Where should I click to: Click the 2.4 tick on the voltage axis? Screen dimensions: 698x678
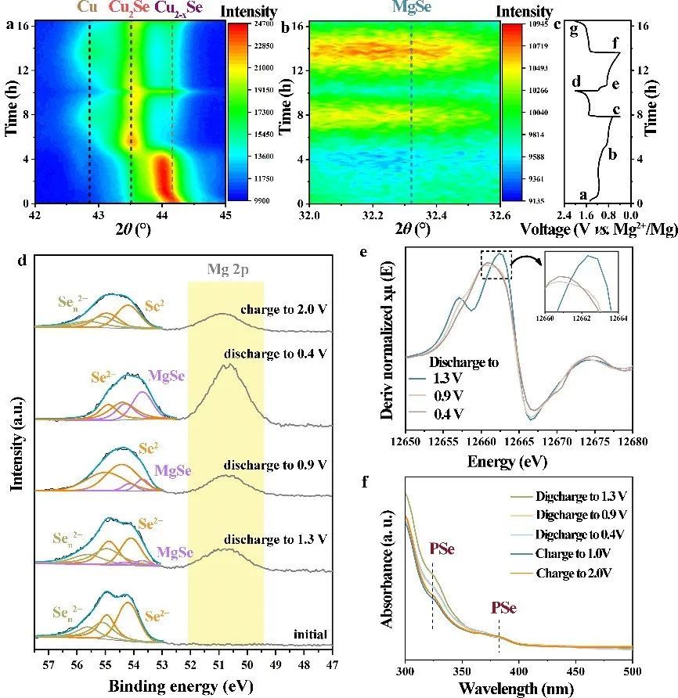563,214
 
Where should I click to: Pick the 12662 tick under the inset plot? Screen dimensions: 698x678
581,318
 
